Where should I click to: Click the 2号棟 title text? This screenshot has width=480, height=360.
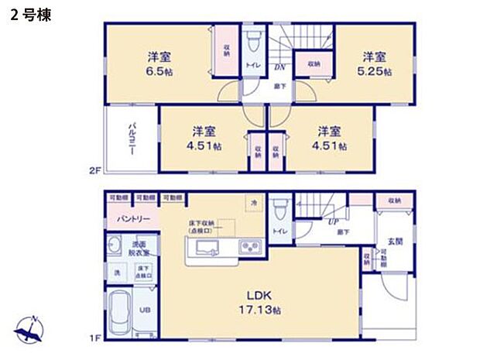(x=30, y=15)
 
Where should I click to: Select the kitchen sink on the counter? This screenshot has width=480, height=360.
(x=207, y=248)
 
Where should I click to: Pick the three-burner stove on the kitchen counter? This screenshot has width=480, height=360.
(x=250, y=248)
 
